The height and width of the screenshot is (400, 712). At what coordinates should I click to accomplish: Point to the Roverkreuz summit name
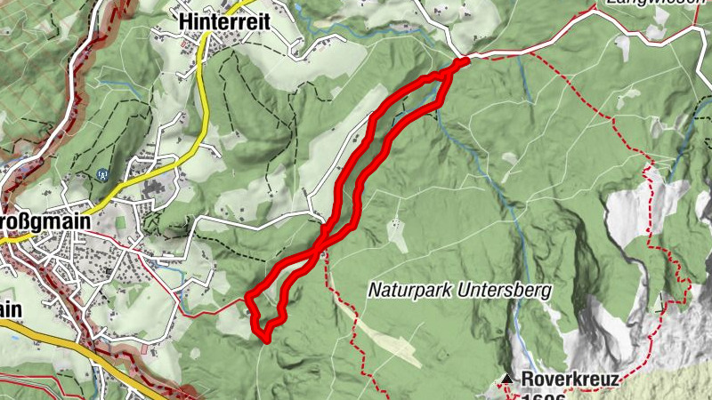pos(569,379)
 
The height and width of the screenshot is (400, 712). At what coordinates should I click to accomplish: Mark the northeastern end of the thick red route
pos(464,61)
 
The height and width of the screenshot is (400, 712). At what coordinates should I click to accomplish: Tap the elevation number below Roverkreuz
pos(543,396)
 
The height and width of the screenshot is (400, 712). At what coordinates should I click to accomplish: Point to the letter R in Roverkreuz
pos(527,379)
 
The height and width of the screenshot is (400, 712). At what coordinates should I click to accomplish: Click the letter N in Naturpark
pos(374,290)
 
